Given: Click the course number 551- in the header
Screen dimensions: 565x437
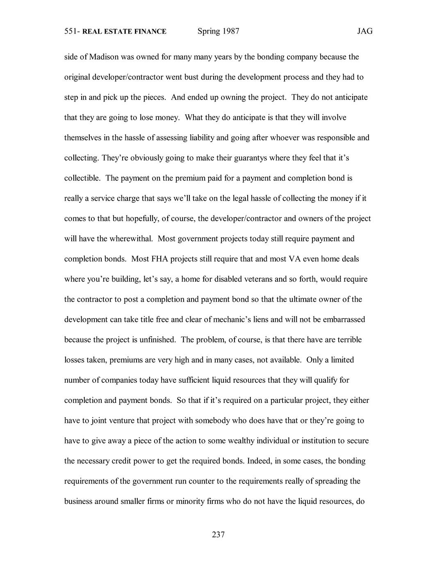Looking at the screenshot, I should (72, 32).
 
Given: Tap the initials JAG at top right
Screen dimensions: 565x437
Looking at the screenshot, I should (364, 32).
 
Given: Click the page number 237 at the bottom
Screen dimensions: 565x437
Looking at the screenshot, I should (218, 534).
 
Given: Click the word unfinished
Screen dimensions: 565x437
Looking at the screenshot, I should (158, 339).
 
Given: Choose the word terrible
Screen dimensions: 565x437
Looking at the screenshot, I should (348, 339).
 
